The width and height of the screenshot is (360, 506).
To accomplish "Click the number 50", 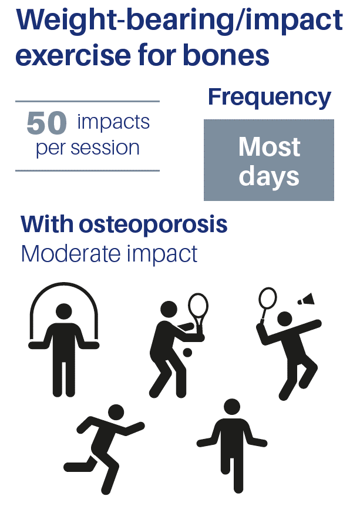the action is coord(47,123).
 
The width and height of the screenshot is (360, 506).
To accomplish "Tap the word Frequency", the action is coord(270,98).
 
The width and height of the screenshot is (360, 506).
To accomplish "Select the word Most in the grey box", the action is coord(270,147).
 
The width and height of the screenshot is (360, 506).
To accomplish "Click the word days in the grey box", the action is coord(269,177).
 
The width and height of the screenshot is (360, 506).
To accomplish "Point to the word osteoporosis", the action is coord(153,225).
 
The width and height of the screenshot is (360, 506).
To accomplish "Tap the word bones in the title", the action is coord(226,55).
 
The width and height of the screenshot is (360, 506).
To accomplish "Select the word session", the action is coord(105,148).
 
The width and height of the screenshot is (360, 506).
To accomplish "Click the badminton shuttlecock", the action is coord(306,299).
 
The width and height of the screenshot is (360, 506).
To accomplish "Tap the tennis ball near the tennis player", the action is coord(187,353).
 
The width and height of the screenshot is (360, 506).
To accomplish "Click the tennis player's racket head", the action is coord(198,306).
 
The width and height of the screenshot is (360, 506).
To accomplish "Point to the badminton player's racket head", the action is coord(268,298).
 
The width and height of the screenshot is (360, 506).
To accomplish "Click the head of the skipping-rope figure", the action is coord(64,311).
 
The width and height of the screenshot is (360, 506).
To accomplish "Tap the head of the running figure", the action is coord(116,413).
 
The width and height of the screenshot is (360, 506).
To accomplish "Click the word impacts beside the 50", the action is coord(113,123).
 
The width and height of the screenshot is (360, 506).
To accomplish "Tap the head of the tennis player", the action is coord(169,310).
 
